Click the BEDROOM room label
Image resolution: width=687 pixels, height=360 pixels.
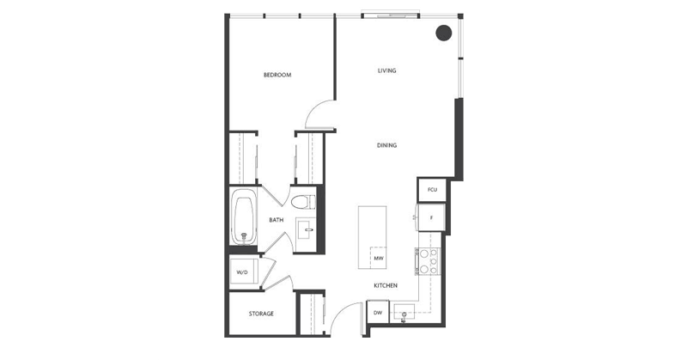point(277,76)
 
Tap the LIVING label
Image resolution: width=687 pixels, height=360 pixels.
point(386,70)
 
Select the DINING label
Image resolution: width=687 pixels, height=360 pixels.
point(386,145)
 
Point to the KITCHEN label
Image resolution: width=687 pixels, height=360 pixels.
point(384,285)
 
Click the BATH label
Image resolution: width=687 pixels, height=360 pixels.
point(276,220)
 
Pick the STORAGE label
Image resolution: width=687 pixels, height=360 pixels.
point(261,314)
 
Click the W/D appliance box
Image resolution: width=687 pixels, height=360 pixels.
point(242,273)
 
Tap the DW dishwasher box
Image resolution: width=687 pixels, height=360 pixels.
point(377,313)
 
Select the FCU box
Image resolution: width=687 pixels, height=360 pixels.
point(432,189)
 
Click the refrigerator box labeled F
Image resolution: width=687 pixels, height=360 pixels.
point(430,218)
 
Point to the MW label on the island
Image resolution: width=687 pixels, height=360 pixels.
point(378,257)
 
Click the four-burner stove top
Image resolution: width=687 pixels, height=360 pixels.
point(428,261)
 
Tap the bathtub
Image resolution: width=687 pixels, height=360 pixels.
point(243,219)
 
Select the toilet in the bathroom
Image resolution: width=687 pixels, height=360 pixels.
point(301,203)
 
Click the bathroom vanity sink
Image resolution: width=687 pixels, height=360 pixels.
point(306,230)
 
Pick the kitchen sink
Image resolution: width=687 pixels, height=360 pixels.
point(407,314)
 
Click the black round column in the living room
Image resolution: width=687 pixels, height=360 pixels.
point(443,34)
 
